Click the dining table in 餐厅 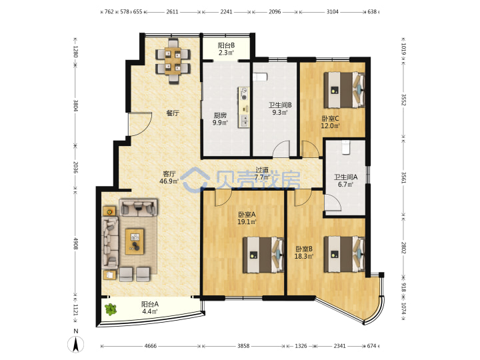pos(173,61)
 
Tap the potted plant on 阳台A pos(111,309)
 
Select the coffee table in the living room pos(135,241)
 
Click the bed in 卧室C pos(345,90)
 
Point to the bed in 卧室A pos(263,255)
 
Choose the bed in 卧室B pos(345,254)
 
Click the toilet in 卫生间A pos(345,147)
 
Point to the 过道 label pos(262,169)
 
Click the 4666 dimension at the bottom pos(150,346)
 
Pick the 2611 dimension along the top pos(172,11)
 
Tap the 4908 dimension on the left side pos(75,243)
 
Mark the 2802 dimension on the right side pos(403,247)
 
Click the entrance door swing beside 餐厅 pos(140,124)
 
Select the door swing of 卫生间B pos(281,149)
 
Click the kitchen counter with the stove pos(244,107)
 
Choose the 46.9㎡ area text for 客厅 pos(169,181)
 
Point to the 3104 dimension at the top pos(333,11)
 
